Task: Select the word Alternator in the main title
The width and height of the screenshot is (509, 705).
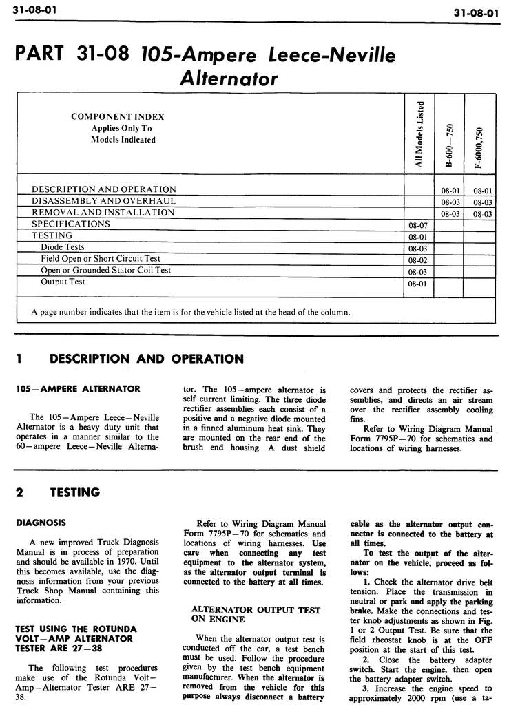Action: [228, 78]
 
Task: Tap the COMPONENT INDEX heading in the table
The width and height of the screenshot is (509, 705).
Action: [118, 117]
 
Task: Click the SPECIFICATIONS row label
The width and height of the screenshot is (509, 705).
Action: [70, 224]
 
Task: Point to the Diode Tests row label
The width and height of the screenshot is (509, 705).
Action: [62, 246]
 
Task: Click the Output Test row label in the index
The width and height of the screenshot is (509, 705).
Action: [63, 282]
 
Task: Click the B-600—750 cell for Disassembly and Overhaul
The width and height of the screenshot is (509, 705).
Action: [450, 202]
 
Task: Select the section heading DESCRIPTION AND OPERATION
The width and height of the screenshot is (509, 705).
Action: [147, 359]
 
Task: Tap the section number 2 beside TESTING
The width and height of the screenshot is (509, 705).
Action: [19, 492]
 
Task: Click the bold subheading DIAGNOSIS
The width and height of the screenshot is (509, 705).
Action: [41, 523]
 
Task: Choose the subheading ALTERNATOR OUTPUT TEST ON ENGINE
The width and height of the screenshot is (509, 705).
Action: [255, 615]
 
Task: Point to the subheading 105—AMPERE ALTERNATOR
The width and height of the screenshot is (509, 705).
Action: [78, 389]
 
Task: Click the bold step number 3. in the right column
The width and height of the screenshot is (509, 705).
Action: [367, 688]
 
